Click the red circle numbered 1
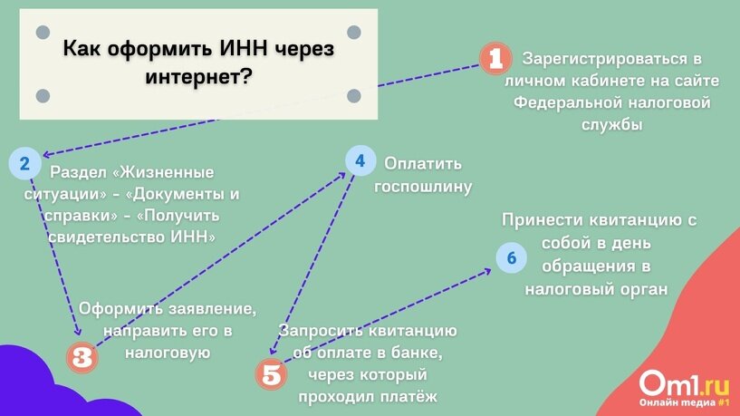pos(495,60)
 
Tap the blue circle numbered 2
pos(24,164)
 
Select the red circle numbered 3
pos(82,356)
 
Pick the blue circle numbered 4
pos(360,161)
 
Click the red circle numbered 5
pos(269,372)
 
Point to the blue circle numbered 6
pos(511,258)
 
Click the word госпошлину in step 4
pos(423,187)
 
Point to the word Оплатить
pos(423,164)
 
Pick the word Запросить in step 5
pos(323,330)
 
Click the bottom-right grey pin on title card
pos(354,95)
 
